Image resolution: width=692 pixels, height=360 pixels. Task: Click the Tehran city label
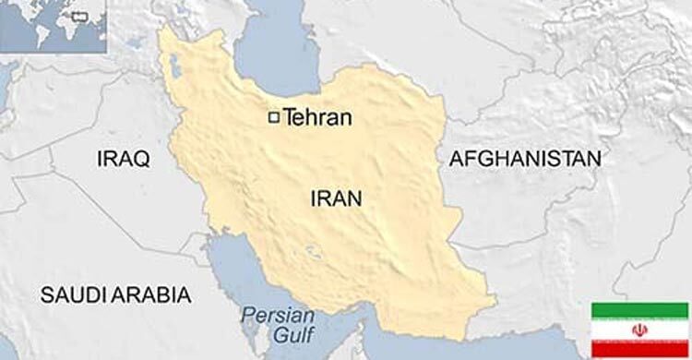point(318,117)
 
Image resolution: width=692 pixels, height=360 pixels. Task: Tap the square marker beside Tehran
point(273,117)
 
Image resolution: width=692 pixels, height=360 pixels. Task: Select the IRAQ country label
point(122,160)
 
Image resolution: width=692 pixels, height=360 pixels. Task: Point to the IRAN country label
point(336,198)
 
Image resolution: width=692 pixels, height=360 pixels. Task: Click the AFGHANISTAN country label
point(524,159)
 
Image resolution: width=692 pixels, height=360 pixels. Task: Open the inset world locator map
point(54,26)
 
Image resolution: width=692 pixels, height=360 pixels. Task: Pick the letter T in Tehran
point(290,117)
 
